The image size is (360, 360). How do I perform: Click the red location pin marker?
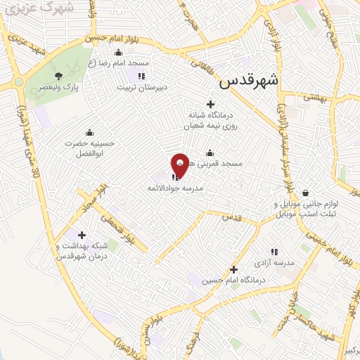click(181, 165)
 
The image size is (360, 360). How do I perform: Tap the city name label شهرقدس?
click(248, 81)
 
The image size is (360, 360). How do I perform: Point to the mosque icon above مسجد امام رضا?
click(117, 53)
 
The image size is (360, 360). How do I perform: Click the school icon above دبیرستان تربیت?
click(141, 76)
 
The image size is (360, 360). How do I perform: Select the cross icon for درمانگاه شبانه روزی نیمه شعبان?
click(210, 104)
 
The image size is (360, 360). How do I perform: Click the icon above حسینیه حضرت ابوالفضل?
click(89, 132)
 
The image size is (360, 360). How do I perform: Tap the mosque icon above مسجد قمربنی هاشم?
click(209, 153)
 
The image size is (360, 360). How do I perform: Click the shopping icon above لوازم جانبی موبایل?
click(304, 193)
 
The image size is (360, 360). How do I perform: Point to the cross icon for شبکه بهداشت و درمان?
click(82, 235)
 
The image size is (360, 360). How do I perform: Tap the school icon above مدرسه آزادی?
click(274, 251)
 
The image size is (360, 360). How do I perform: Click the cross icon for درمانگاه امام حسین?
click(233, 269)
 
